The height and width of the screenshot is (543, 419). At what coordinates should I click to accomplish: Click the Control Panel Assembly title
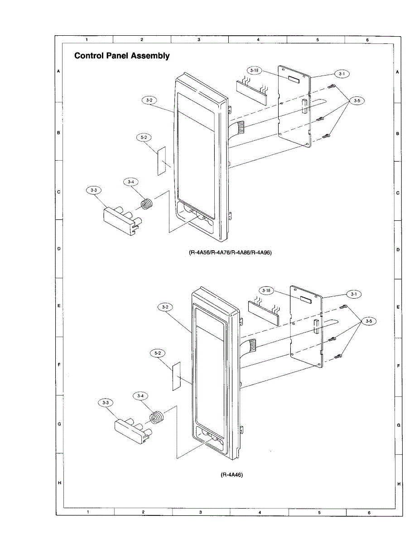point(122,56)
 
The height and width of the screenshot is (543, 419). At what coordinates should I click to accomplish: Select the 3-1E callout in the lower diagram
point(266,290)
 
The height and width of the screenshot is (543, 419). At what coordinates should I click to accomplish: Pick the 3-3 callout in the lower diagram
point(106,402)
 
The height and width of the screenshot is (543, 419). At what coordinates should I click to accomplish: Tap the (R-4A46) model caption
point(232,475)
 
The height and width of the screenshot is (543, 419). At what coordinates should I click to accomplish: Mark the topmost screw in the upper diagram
point(332,87)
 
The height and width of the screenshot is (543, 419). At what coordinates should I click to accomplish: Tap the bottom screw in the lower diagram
point(338,357)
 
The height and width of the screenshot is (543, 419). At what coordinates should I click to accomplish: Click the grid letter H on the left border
point(59,483)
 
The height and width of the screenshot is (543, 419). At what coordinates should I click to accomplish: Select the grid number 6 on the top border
point(367,40)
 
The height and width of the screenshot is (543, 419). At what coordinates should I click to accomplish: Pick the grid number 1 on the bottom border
point(87,512)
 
